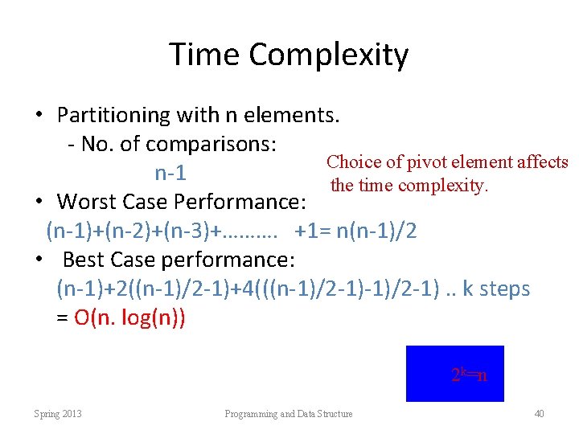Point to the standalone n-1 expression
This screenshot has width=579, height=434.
(171, 173)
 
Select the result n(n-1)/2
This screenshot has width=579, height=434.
(378, 231)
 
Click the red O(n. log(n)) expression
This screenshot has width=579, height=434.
(129, 317)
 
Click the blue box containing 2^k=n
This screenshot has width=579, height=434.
(454, 373)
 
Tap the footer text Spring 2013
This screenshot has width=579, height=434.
(58, 414)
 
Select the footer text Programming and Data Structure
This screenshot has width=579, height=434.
(289, 414)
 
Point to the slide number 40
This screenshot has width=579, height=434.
(539, 414)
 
